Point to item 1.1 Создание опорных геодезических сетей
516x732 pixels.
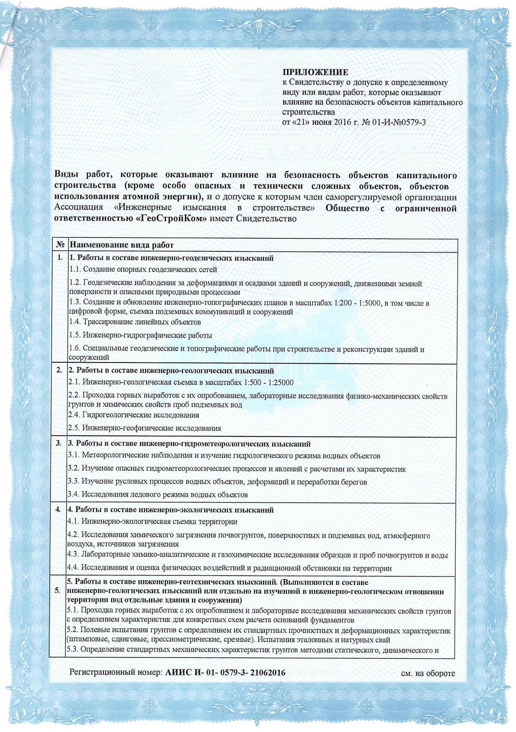[x=144, y=270]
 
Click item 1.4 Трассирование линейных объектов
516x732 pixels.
[x=135, y=322]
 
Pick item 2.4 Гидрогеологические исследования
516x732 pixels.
[x=134, y=415]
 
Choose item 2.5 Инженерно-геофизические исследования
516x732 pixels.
[x=145, y=428]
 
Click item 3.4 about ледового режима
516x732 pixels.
[x=158, y=504]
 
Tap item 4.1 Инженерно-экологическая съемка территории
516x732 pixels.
[x=153, y=531]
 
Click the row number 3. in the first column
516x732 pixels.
[x=58, y=444]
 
